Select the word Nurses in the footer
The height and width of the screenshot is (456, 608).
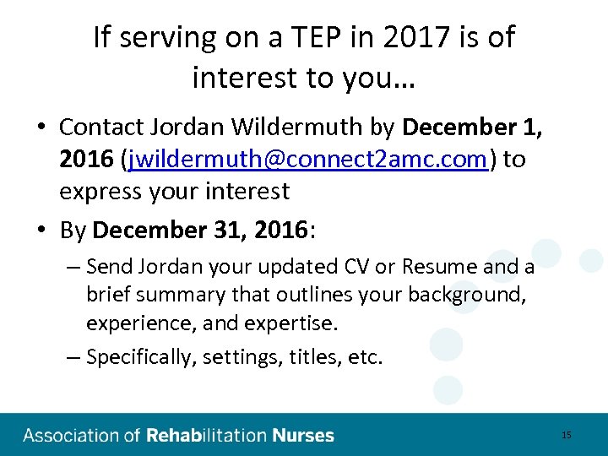302,436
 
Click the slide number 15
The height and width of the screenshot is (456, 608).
566,435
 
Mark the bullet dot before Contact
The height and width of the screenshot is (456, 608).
41,128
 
